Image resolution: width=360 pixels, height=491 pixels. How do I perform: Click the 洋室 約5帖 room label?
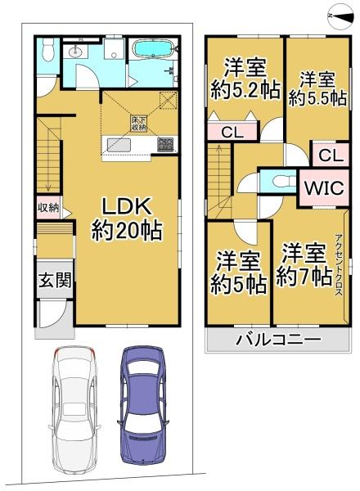pyautogui.click(x=238, y=273)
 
